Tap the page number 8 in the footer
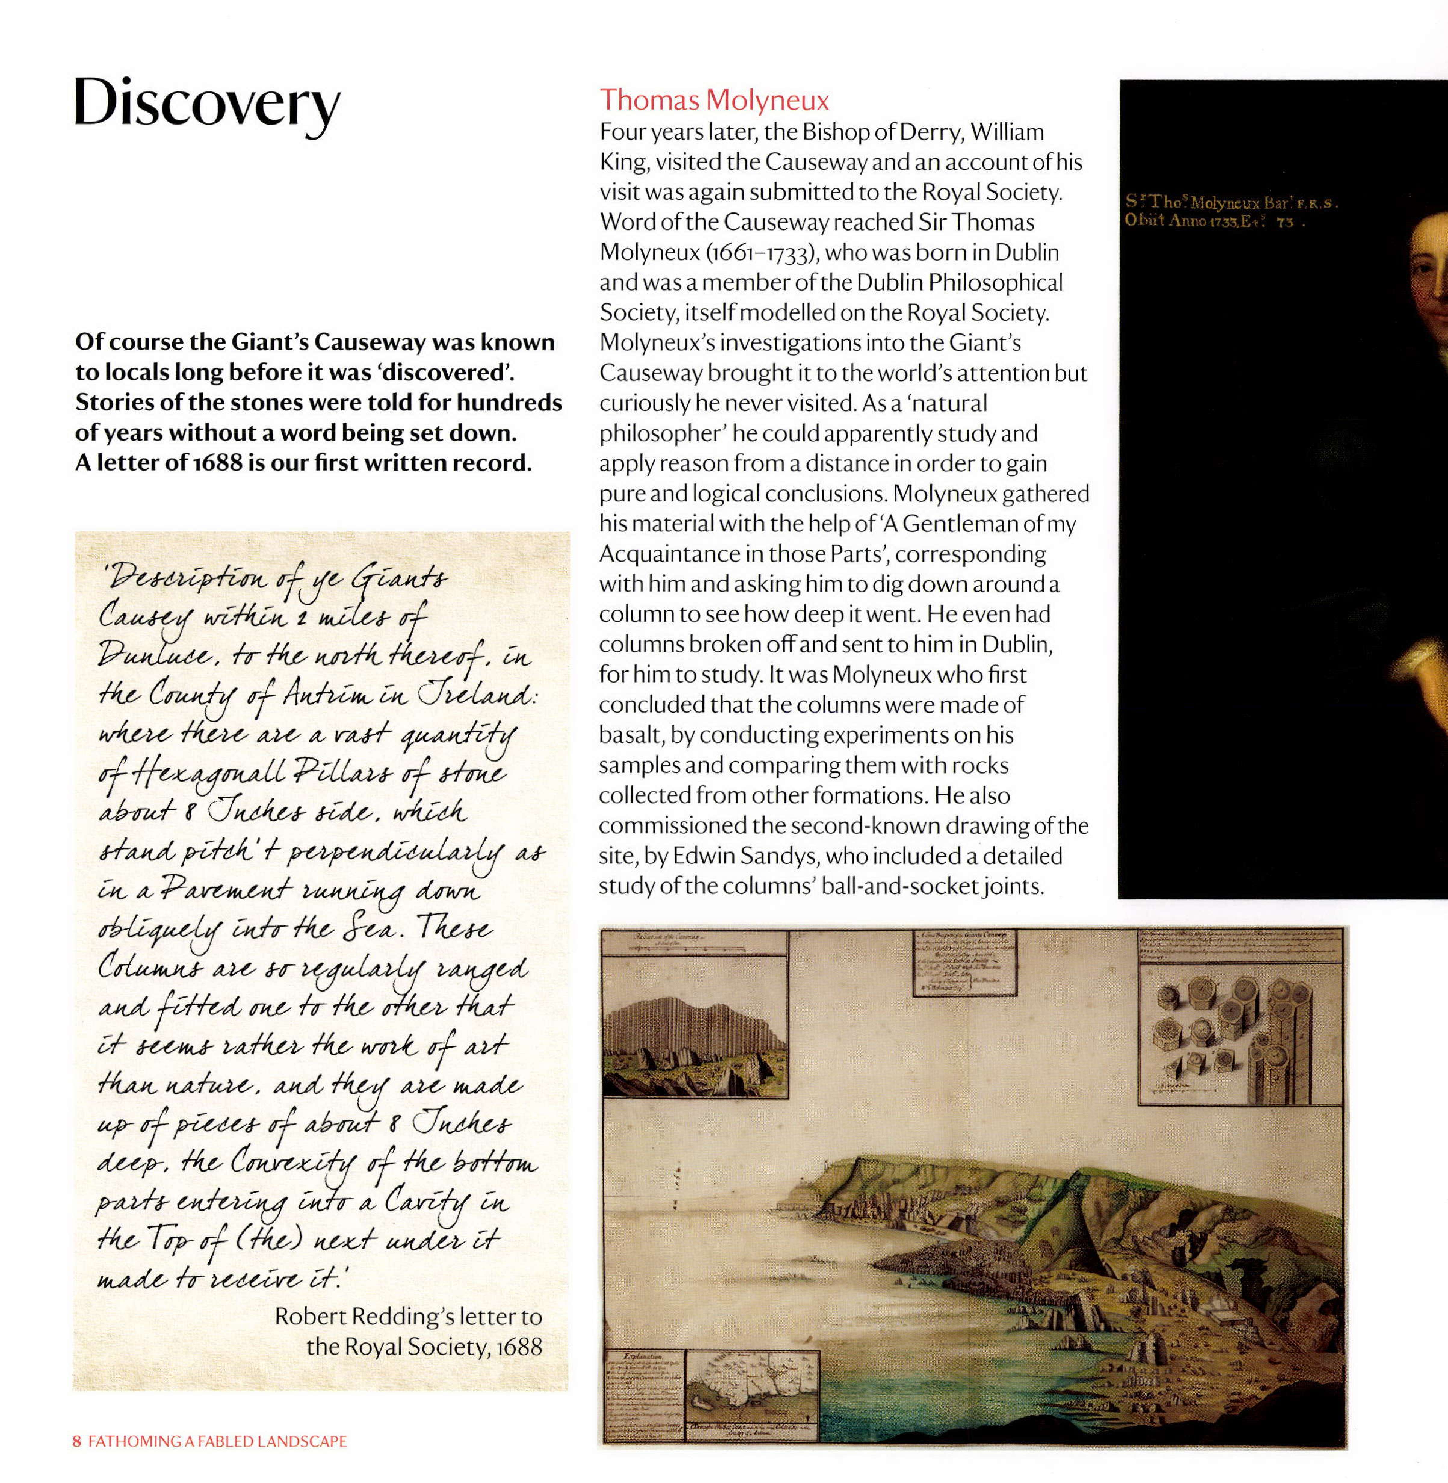[x=77, y=1440]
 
